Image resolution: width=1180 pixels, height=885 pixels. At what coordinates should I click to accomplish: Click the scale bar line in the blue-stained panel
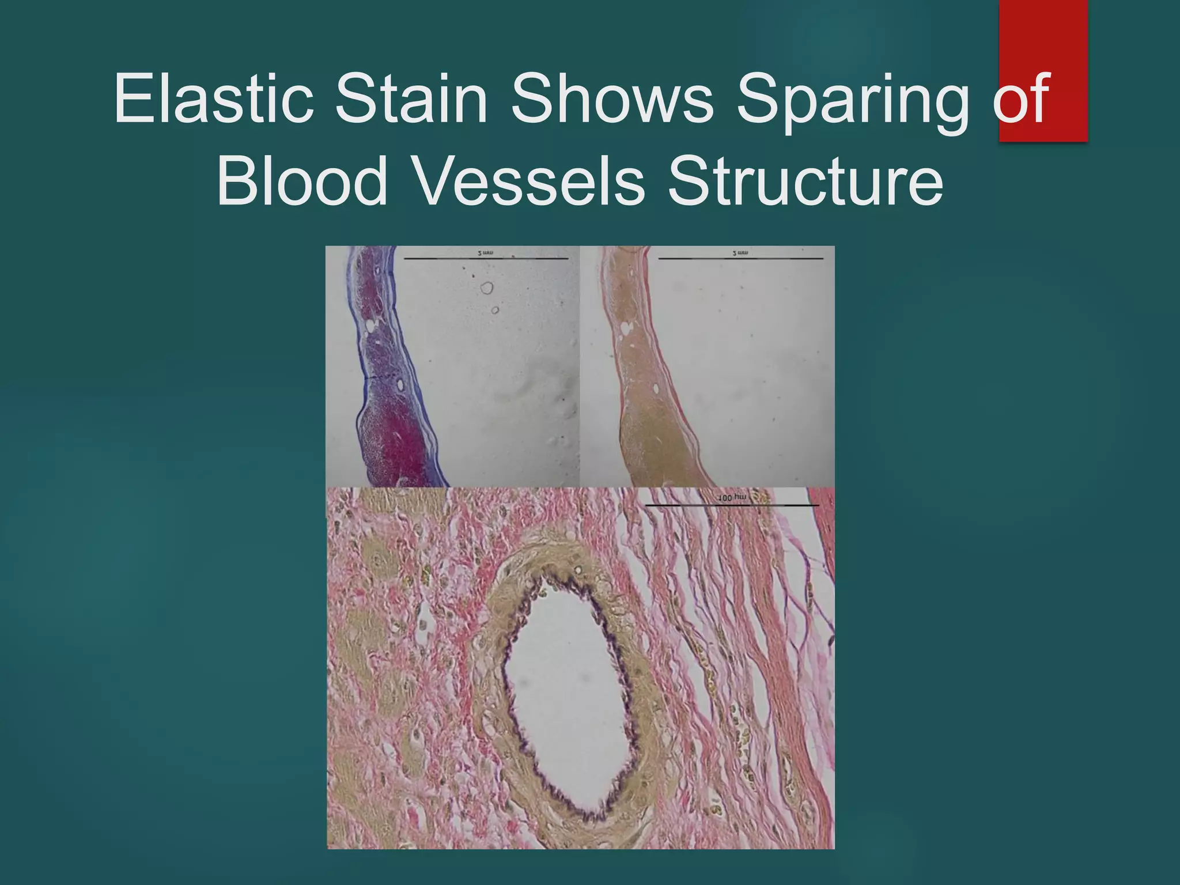tap(486, 259)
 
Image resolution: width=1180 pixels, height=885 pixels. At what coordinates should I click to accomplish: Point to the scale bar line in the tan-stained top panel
tap(740, 259)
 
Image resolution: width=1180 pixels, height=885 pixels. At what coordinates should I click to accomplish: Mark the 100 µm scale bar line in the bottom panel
tap(731, 505)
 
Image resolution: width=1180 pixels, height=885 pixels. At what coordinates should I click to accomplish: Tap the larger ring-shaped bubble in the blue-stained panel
tap(487, 288)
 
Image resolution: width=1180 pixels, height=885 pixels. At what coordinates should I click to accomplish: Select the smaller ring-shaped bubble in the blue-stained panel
tap(495, 311)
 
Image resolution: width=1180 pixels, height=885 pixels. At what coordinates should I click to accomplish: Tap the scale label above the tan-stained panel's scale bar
tap(740, 253)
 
